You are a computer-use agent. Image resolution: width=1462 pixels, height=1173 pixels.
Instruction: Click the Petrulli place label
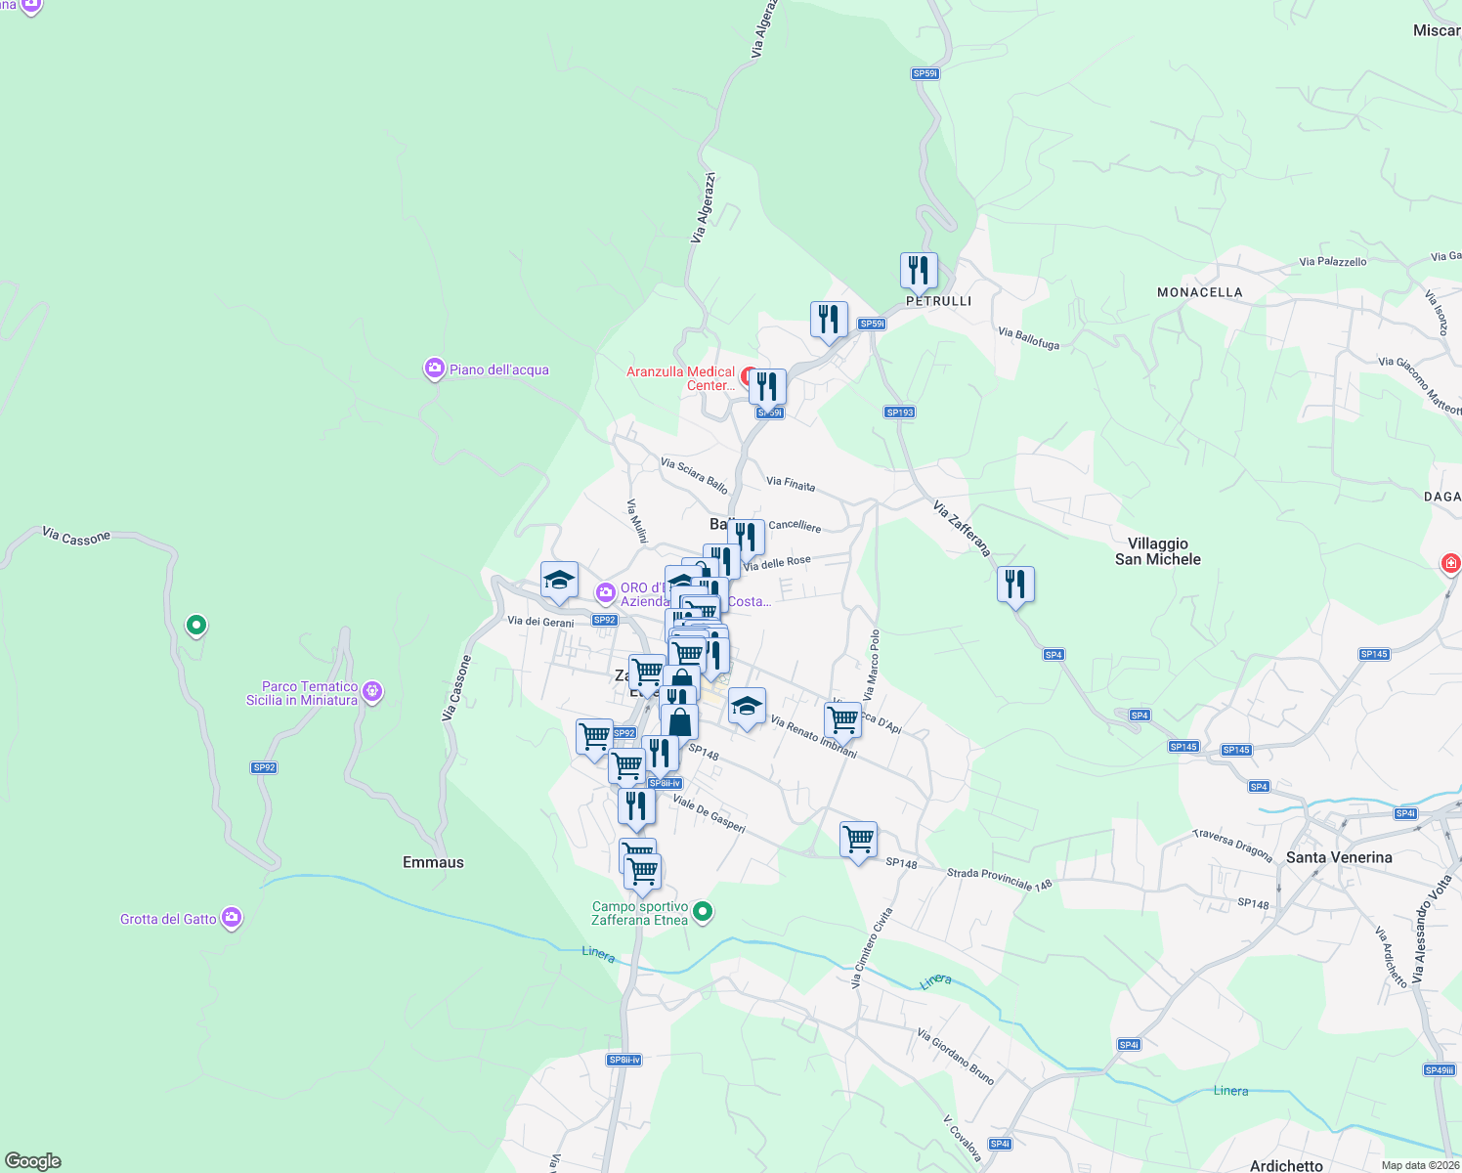point(938,301)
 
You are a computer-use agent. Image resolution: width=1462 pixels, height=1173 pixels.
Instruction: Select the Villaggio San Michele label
point(1158,551)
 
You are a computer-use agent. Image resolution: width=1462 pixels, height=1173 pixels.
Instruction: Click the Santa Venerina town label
point(1339,857)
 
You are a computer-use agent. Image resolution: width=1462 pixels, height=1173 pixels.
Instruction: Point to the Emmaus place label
point(433,862)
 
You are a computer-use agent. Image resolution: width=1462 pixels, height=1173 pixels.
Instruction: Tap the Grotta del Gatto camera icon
point(232,918)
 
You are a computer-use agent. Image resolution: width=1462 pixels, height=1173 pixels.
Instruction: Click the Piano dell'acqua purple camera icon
point(434,369)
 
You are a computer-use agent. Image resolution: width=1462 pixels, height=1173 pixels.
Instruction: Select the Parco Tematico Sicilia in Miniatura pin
point(371,692)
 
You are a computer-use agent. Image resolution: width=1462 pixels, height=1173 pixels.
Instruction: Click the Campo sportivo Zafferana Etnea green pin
point(703,913)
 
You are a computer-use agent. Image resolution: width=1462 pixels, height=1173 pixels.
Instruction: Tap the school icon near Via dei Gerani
point(559,581)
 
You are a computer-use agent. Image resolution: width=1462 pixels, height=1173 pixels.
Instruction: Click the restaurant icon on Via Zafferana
point(1016,585)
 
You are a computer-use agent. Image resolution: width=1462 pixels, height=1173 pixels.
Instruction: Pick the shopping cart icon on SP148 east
point(858,840)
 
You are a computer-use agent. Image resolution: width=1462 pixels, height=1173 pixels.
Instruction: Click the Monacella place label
point(1199,292)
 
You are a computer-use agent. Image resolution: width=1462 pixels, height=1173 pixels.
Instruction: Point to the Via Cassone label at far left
point(76,537)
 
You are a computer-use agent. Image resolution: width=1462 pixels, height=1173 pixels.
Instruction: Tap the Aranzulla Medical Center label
point(681,378)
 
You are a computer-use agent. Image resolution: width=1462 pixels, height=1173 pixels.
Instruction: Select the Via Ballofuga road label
point(1028,338)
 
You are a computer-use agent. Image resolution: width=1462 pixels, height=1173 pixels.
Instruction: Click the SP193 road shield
point(900,413)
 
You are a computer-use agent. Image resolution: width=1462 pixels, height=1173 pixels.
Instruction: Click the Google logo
point(33,1161)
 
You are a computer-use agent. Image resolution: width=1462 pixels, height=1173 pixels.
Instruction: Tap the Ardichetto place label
point(1286,1165)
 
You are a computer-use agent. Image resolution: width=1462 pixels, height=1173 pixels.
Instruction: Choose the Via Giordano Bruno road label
point(956,1057)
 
